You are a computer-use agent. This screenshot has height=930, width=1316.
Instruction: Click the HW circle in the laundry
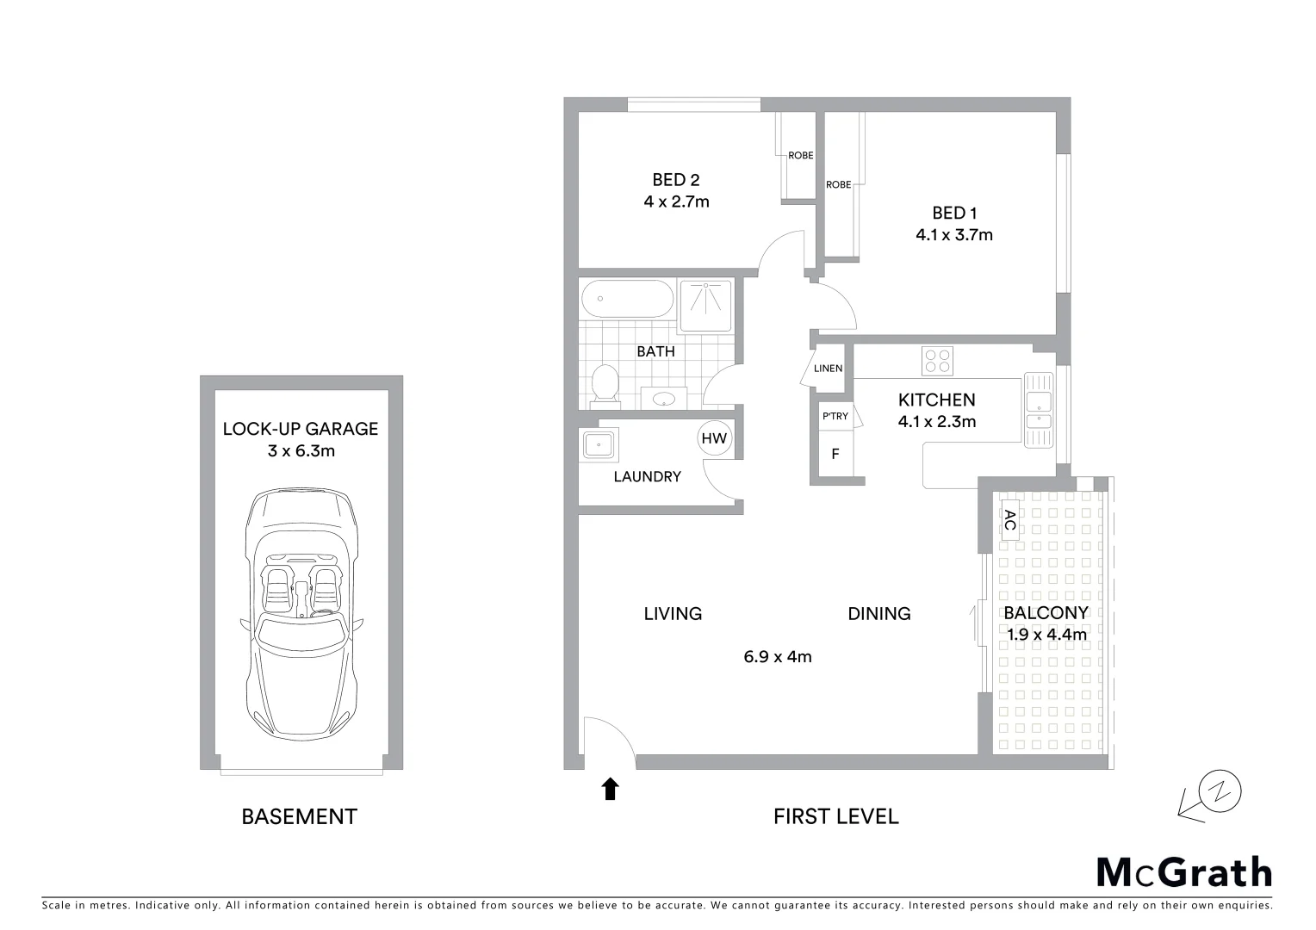click(714, 438)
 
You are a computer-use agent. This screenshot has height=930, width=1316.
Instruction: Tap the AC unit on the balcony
click(1009, 519)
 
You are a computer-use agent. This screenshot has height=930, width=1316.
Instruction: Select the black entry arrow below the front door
click(610, 789)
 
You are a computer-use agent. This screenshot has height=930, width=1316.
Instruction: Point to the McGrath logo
click(1183, 872)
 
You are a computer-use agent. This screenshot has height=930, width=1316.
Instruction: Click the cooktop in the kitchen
click(937, 360)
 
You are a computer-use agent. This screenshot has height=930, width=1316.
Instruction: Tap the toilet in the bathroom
click(605, 384)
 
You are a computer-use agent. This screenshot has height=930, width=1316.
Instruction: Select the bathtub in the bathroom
click(626, 300)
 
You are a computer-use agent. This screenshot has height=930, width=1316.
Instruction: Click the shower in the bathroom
click(705, 306)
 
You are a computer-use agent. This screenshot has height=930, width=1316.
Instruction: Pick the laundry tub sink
click(598, 445)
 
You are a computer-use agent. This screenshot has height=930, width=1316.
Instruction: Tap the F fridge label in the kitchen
click(835, 454)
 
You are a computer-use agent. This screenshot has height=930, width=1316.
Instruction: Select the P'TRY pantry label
click(835, 416)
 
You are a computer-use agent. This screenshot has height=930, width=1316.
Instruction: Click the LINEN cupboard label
click(828, 369)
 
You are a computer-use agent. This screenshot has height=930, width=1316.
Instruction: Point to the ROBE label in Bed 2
click(800, 156)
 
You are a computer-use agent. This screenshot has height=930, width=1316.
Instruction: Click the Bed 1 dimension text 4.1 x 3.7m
click(953, 234)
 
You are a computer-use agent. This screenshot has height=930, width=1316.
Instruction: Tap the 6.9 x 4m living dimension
click(777, 657)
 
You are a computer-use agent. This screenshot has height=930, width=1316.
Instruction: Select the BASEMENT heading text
click(299, 816)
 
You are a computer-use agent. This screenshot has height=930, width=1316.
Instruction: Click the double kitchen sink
click(1038, 409)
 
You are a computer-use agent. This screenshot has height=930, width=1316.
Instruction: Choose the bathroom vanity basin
click(663, 399)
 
